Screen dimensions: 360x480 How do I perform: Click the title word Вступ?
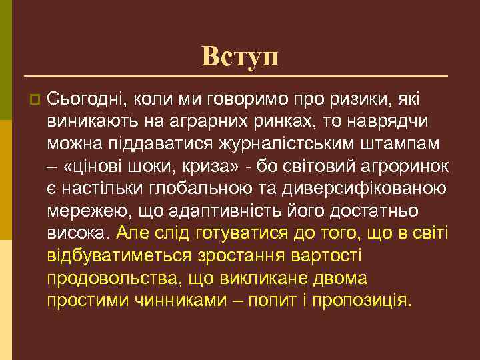(x=240, y=57)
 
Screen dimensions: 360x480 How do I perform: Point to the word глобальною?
(x=199, y=188)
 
